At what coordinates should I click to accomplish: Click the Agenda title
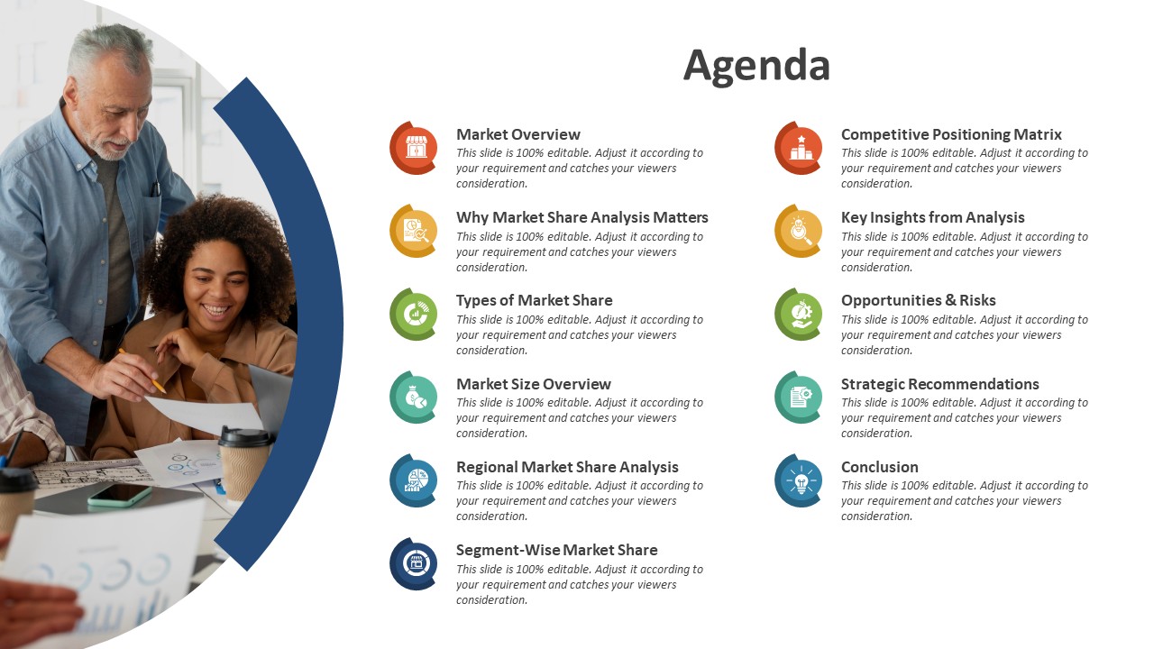click(756, 66)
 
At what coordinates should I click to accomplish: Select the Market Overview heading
click(518, 134)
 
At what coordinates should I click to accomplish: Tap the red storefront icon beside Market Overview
click(414, 149)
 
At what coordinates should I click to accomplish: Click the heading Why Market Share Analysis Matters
click(582, 217)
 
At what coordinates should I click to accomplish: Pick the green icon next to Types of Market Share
click(414, 315)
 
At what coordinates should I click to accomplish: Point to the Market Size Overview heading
click(534, 384)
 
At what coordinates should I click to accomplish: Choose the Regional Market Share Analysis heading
click(567, 467)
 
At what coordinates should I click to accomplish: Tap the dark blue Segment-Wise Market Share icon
click(414, 564)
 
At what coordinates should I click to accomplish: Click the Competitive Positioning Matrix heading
click(951, 134)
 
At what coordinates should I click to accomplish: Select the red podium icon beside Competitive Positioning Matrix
click(799, 149)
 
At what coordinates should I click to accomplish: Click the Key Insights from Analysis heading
click(932, 217)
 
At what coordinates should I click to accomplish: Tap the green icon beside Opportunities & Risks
click(799, 315)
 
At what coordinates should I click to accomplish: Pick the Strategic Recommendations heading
click(939, 384)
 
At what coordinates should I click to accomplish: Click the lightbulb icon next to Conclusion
click(799, 481)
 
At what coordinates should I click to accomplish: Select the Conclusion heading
click(879, 467)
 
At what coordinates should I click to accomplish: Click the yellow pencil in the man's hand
click(142, 370)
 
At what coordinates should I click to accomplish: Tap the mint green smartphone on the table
click(120, 495)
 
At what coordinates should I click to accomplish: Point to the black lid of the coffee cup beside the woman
click(246, 437)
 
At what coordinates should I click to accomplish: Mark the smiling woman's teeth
click(216, 310)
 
